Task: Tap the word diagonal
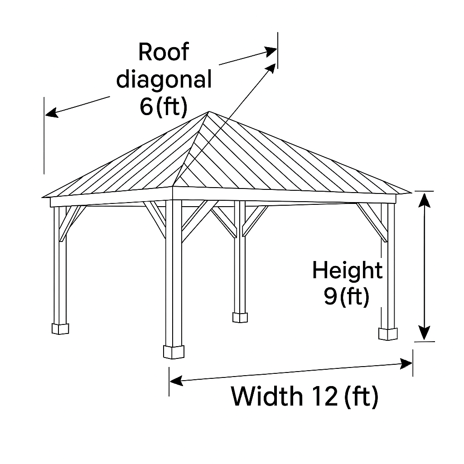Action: click(x=164, y=80)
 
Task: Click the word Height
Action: click(x=347, y=271)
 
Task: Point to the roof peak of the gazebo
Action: click(x=208, y=112)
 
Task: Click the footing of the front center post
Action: click(x=174, y=352)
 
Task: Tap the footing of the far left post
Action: click(x=60, y=328)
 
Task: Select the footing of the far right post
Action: click(x=387, y=333)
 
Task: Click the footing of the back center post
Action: click(x=240, y=317)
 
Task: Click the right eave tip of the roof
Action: click(x=411, y=192)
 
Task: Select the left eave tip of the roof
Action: click(x=43, y=197)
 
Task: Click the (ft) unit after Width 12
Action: click(x=361, y=396)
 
